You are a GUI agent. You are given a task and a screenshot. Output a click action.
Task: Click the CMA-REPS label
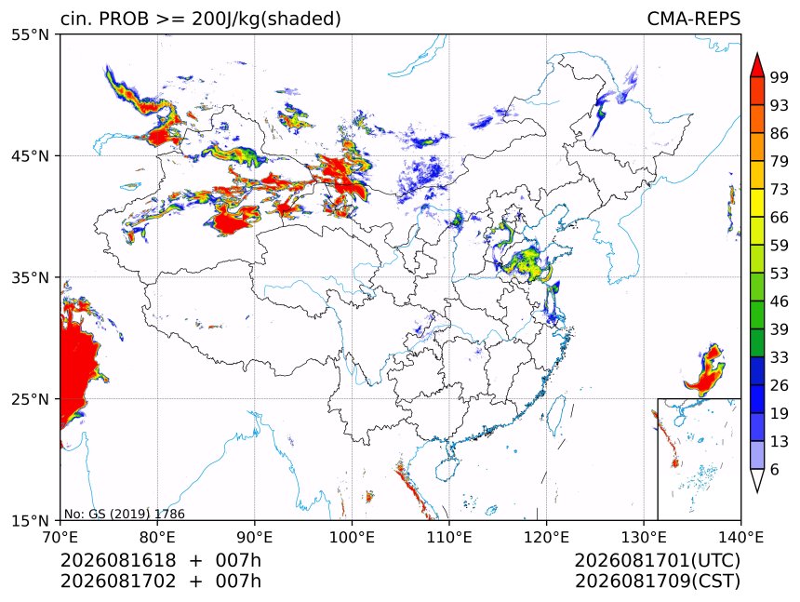(x=693, y=19)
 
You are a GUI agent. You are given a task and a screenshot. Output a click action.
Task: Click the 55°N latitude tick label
(x=30, y=35)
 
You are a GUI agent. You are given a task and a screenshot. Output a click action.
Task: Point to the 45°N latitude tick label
(x=30, y=156)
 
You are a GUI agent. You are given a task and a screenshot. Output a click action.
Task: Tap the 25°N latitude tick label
(x=30, y=399)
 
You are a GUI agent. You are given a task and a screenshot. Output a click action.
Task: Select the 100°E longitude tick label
(x=352, y=537)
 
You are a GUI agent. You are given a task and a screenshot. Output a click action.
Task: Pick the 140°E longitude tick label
(x=740, y=537)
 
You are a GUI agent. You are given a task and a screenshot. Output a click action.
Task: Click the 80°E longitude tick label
(x=157, y=537)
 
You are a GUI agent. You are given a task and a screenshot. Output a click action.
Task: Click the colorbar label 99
(x=780, y=77)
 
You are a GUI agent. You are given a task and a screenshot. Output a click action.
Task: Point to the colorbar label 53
(x=780, y=274)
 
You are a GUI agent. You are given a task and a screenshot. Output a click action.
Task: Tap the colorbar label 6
(x=775, y=469)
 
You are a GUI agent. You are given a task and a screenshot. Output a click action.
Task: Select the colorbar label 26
(x=780, y=385)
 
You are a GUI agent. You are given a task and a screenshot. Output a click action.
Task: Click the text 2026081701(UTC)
(x=657, y=561)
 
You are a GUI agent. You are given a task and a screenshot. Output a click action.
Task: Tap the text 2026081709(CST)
(x=657, y=582)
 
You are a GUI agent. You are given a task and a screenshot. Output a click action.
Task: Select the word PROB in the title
(x=124, y=19)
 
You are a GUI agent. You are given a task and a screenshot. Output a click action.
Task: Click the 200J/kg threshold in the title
(x=228, y=20)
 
